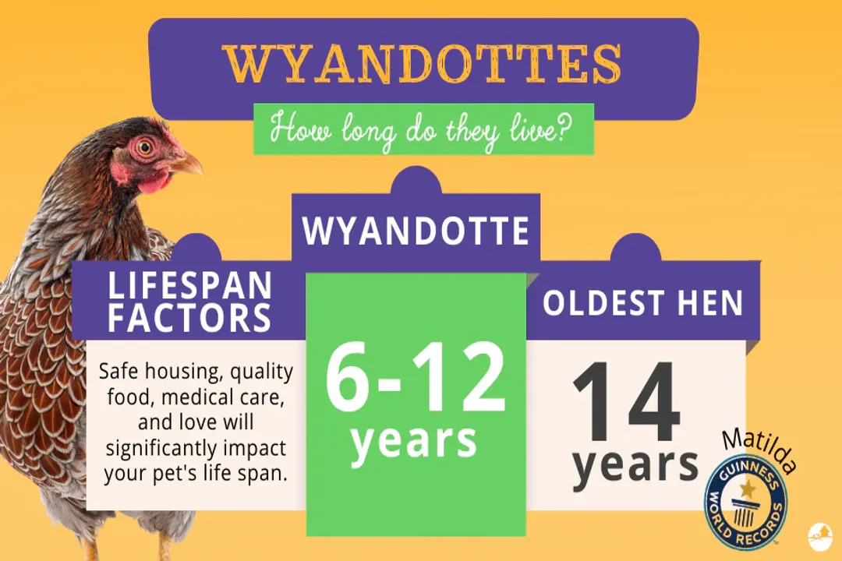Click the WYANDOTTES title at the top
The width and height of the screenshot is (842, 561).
422,65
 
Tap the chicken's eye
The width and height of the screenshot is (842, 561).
146,146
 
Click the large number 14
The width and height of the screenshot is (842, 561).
626,404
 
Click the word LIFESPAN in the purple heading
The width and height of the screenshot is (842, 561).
190,287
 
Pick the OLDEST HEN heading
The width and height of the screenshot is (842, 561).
643,303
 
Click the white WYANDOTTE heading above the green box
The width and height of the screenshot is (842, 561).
416,231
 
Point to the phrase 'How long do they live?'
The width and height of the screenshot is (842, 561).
422,128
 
